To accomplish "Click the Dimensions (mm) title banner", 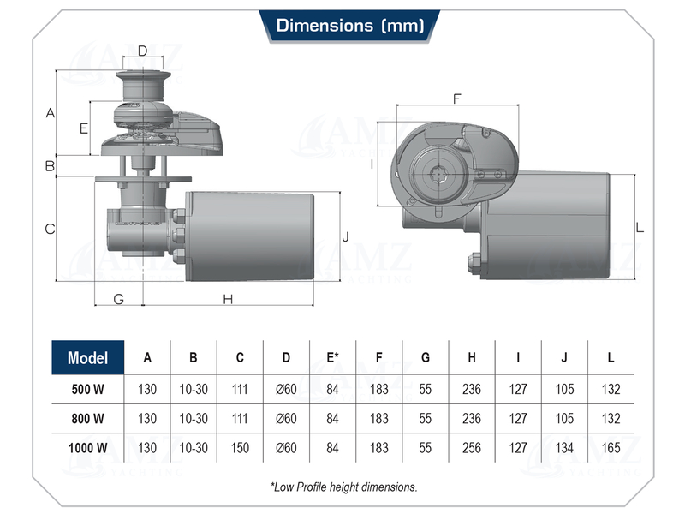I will tap(349, 26).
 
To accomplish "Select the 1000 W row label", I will tap(88, 446).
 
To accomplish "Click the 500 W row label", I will tap(88, 389).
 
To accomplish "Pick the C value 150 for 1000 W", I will tap(240, 446).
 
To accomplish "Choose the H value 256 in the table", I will tap(472, 446).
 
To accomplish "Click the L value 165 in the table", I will tap(611, 446).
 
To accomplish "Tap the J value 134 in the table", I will tap(564, 446).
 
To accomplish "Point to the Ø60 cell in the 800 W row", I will tap(286, 418).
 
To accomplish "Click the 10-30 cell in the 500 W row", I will tap(194, 389).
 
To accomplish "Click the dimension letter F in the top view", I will tap(456, 98).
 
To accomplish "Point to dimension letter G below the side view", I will tap(118, 299).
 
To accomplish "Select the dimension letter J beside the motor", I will tap(345, 236).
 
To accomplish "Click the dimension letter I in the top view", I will tap(372, 164).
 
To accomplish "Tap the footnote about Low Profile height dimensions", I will tap(343, 487).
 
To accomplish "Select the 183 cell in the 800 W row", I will tap(378, 418).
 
